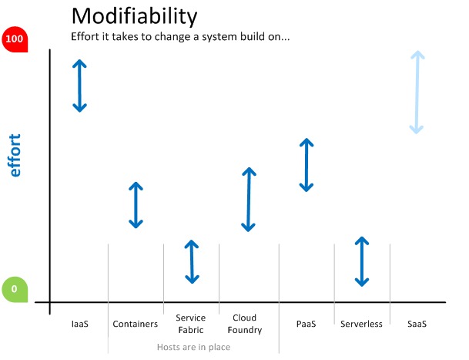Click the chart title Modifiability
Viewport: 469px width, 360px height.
pos(134,16)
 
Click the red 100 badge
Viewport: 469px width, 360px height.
pos(15,39)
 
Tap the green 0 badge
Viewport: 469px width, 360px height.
pos(15,289)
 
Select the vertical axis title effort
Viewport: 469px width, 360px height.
pos(15,155)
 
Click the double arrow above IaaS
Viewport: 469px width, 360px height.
pos(79,86)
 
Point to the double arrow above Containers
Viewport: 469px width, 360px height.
pos(136,205)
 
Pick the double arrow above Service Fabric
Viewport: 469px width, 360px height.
pos(192,262)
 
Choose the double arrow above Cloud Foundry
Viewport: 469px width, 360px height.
pos(249,200)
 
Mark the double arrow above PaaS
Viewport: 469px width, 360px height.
pos(307,165)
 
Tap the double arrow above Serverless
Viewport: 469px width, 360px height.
pos(362,261)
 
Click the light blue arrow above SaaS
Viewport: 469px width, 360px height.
pos(417,93)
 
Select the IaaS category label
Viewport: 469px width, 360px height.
pos(80,324)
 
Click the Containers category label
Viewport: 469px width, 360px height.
pos(136,324)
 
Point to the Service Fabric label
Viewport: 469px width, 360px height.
pos(191,324)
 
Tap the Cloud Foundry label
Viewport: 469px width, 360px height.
pos(245,324)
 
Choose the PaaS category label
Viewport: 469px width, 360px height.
pos(306,324)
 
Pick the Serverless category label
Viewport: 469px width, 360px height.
pos(361,324)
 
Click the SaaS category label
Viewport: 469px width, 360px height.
pos(417,324)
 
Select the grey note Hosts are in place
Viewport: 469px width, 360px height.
pos(193,347)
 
